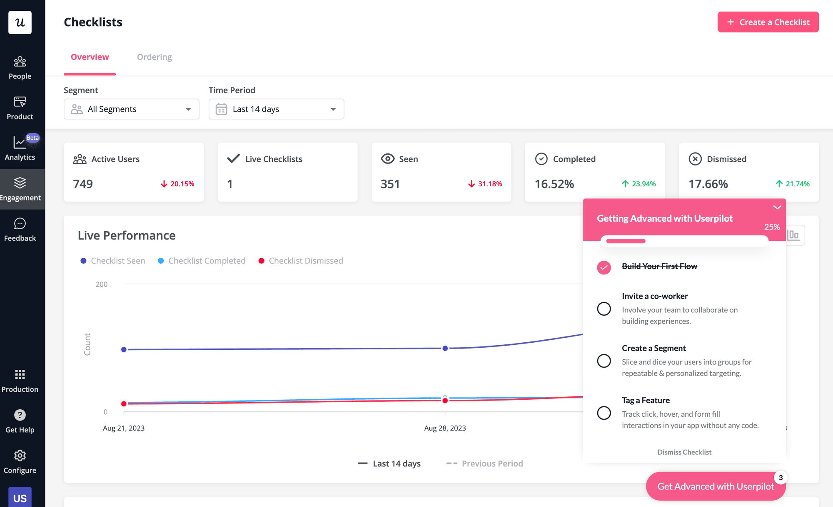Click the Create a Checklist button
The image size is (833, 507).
[768, 22]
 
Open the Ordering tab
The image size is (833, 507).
[154, 57]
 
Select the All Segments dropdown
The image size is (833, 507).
[131, 109]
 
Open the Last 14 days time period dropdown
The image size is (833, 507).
[276, 109]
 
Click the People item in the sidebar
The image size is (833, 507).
[20, 68]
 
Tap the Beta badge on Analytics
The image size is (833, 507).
[32, 138]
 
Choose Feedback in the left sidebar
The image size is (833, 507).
[20, 230]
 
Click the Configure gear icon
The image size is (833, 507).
[20, 455]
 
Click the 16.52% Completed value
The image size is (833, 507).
[554, 184]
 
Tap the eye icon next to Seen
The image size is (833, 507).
[387, 159]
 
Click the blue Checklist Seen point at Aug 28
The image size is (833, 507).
[445, 348]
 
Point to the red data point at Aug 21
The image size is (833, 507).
[124, 403]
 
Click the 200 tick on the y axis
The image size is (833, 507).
[101, 284]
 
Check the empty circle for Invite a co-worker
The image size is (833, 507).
[604, 309]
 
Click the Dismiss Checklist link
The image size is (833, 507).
[684, 452]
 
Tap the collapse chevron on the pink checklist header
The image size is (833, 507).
[777, 207]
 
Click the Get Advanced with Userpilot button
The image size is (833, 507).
[715, 486]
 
